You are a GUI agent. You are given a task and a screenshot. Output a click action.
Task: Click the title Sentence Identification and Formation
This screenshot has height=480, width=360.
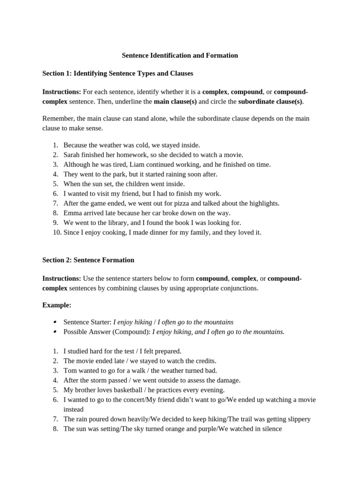point(180,55)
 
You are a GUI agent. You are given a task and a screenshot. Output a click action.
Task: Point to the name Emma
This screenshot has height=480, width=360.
point(72,213)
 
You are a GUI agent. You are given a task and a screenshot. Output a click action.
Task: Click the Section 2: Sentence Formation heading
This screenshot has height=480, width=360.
point(88,260)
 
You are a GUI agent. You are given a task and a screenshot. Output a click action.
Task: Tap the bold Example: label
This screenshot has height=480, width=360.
point(57,305)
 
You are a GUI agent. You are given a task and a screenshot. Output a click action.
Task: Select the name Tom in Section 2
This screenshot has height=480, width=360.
point(69,370)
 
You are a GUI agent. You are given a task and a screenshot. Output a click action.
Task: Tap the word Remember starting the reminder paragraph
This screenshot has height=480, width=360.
point(57,119)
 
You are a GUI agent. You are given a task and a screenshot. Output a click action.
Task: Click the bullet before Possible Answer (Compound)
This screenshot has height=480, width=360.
point(55,332)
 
